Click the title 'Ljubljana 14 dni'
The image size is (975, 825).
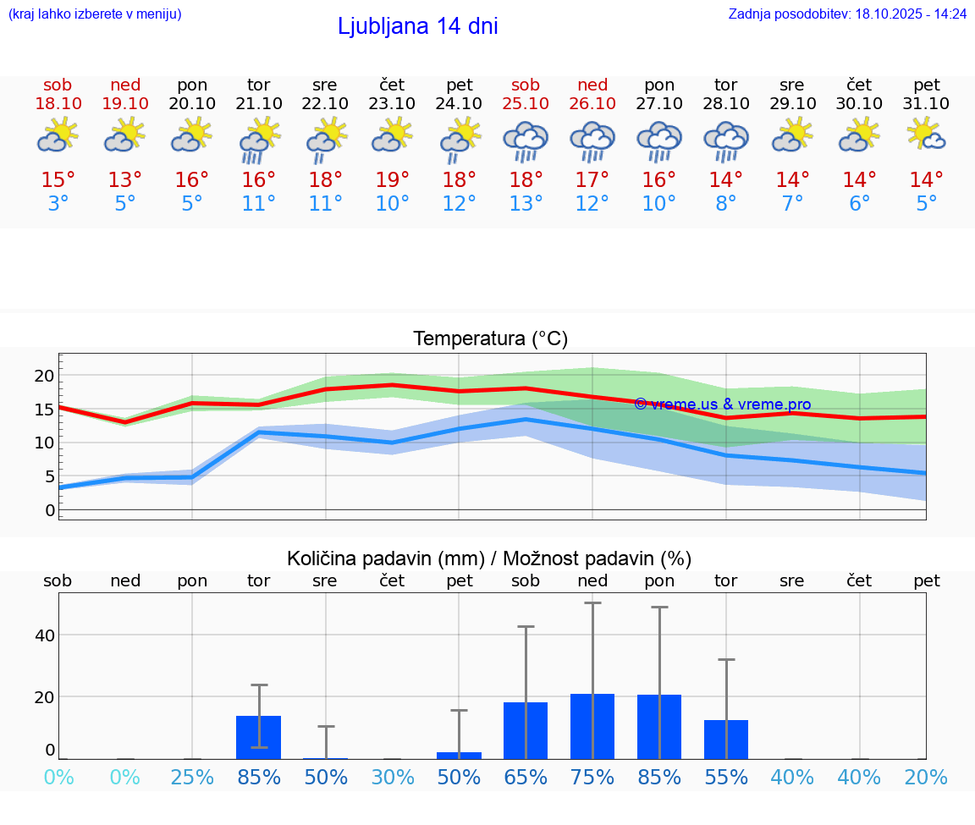417,26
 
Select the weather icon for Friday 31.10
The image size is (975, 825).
927,135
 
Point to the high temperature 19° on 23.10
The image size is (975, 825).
393,180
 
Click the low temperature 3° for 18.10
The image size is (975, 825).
58,204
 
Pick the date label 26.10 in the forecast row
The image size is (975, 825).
592,103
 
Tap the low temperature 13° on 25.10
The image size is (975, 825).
526,204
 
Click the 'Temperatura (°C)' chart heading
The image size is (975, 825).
490,339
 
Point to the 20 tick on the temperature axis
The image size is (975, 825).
44,376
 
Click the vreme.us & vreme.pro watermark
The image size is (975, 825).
723,404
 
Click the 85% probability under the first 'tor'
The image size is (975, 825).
259,778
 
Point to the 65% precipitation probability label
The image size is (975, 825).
526,778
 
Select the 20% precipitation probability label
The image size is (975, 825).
927,778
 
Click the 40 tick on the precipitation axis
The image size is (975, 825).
44,635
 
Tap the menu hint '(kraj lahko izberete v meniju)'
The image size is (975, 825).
95,14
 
